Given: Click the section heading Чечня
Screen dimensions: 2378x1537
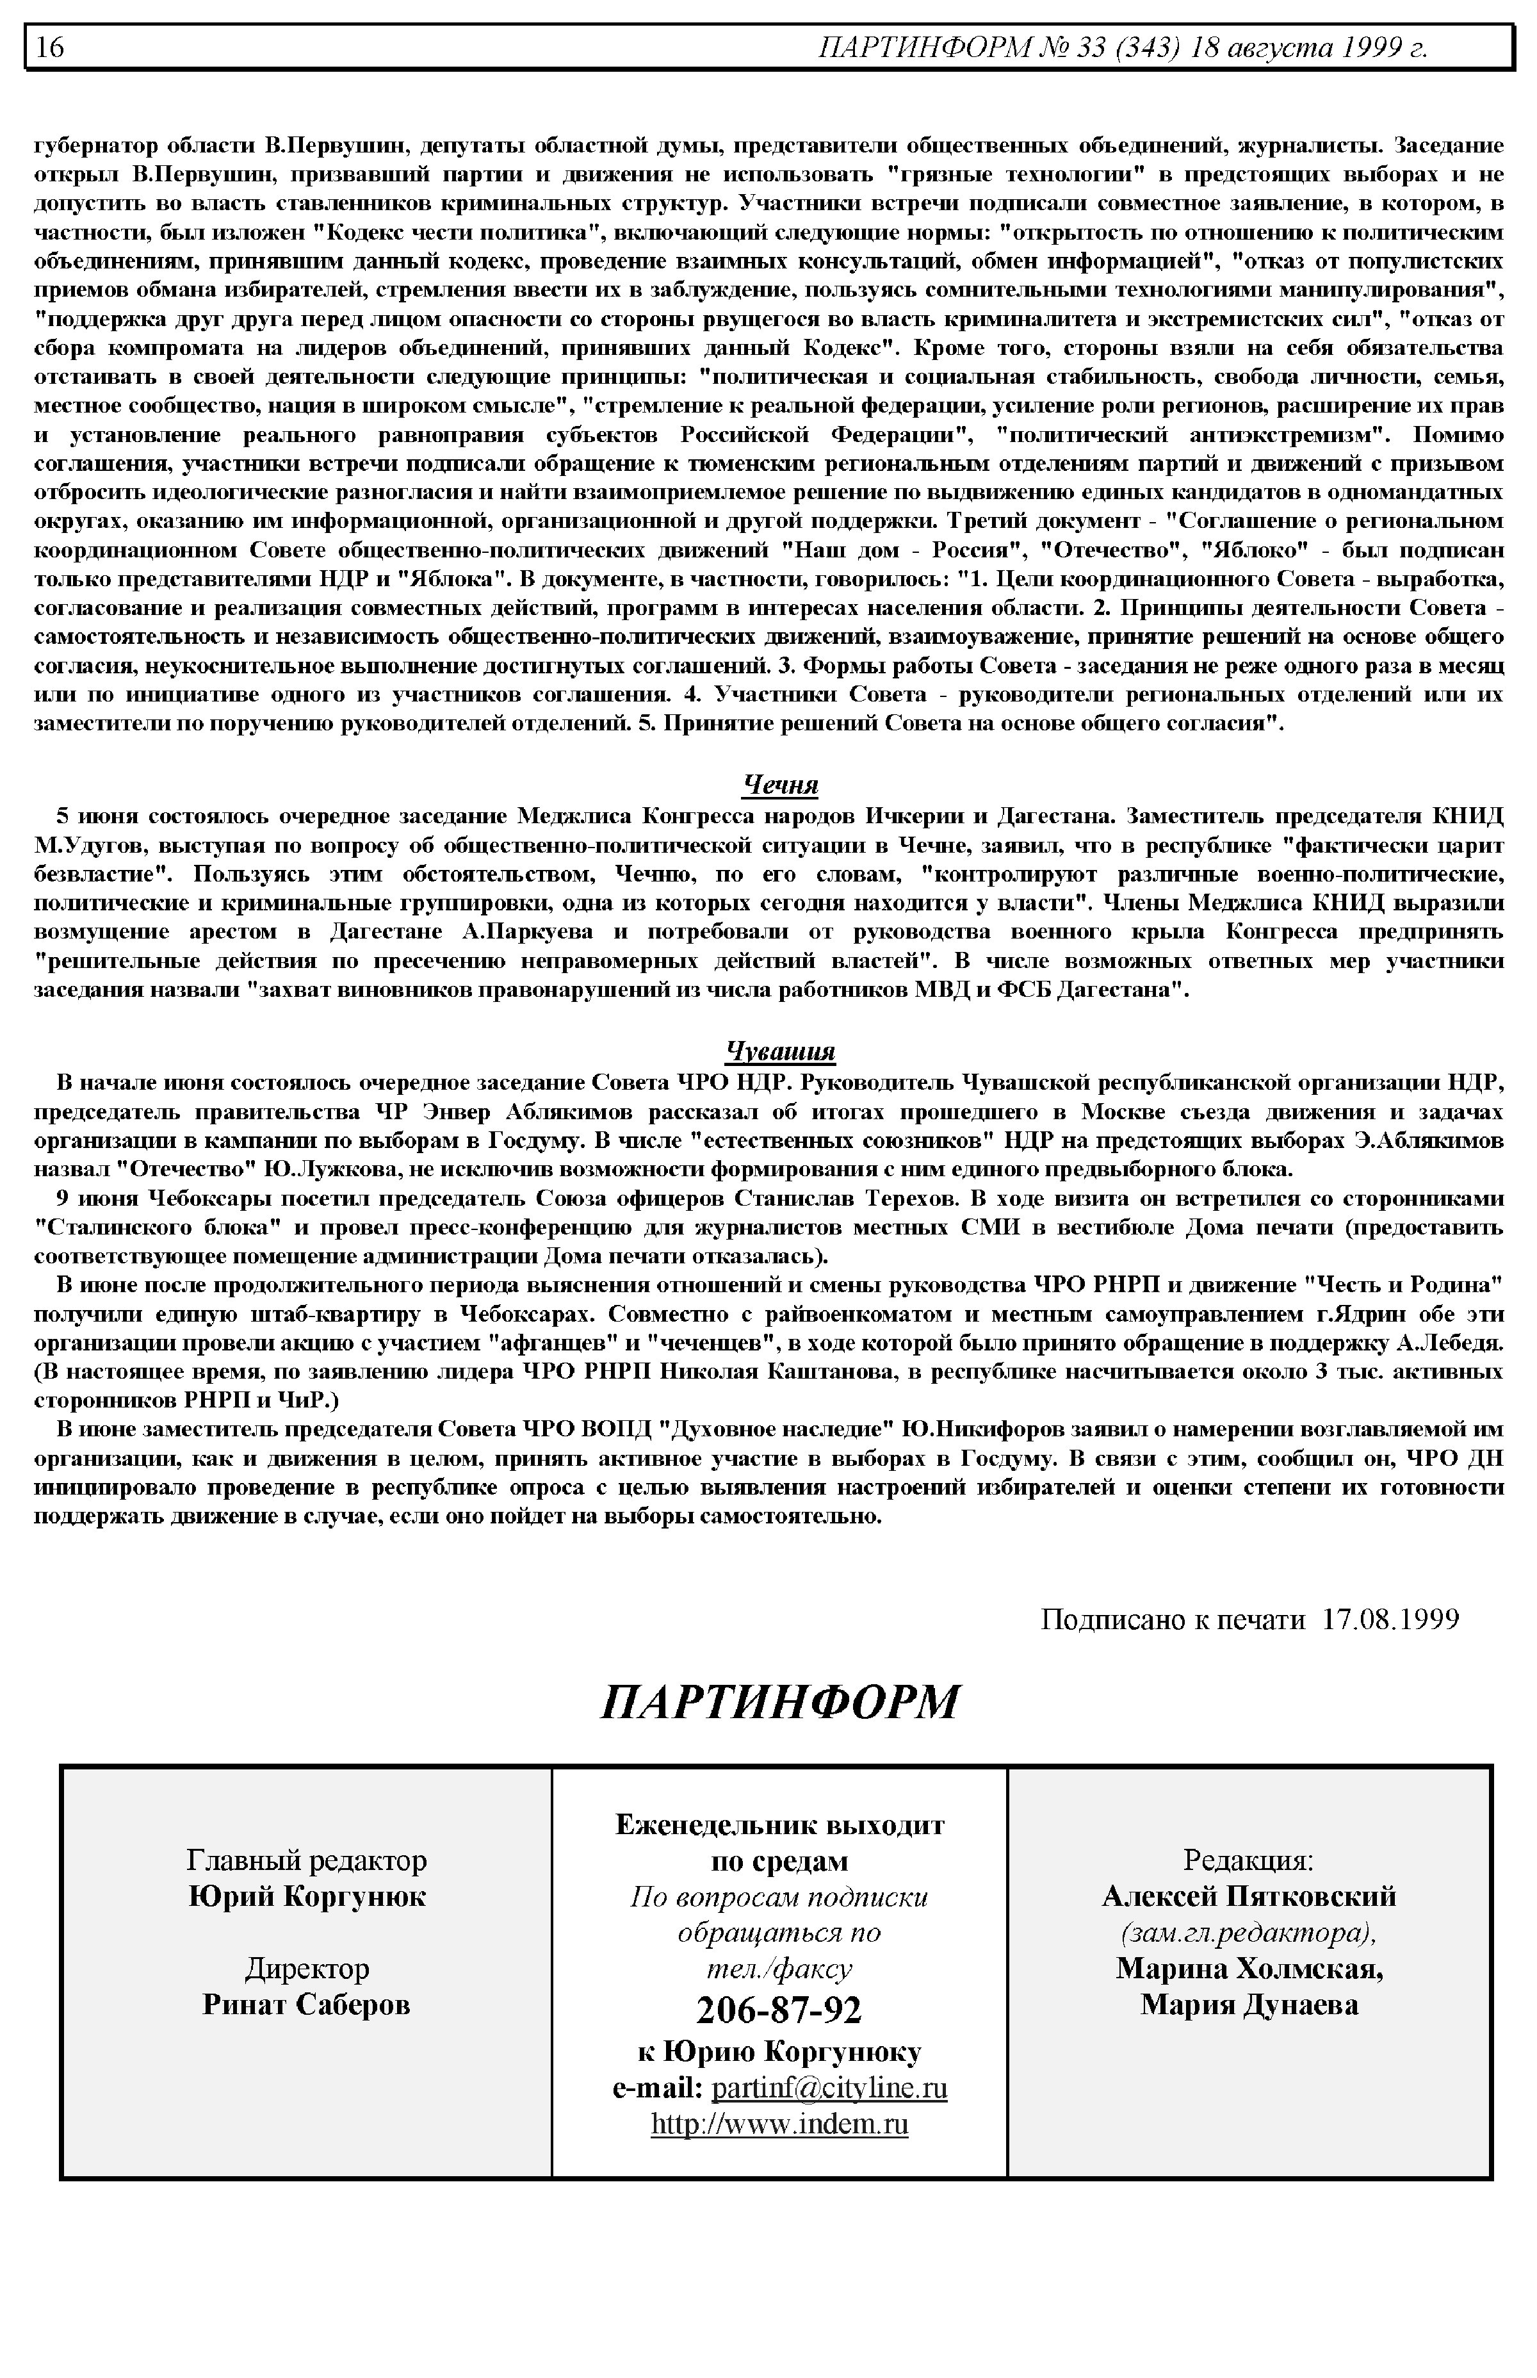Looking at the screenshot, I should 781,785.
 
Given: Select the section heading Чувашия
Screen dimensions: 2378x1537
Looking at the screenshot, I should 781,1051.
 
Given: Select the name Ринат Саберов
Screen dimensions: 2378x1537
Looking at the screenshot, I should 306,2005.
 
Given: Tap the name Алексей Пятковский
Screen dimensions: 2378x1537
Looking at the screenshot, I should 1249,1896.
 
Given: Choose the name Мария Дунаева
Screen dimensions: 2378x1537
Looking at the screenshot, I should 1249,2005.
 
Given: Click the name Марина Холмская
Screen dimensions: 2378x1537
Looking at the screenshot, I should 1249,1969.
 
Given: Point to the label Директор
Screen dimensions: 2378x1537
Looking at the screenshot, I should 306,1969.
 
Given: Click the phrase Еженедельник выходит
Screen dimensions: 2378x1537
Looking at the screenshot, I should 779,1825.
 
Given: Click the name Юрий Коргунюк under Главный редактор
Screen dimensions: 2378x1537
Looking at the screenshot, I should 306,1896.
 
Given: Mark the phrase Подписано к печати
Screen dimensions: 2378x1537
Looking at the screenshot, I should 1172,1618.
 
